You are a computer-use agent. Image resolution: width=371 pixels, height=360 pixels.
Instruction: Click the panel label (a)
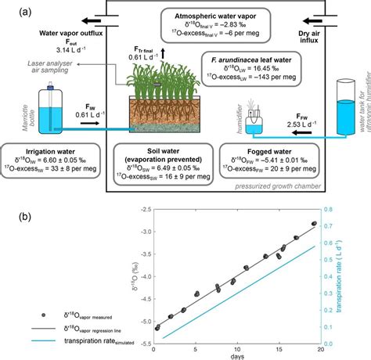tap(10, 10)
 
